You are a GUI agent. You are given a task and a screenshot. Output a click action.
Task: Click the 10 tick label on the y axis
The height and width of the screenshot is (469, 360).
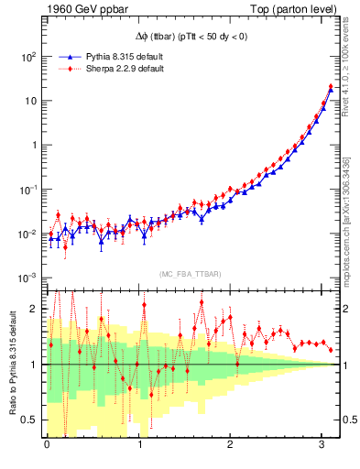[30, 101]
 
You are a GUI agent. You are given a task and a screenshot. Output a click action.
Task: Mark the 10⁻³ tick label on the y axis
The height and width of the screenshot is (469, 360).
[28, 278]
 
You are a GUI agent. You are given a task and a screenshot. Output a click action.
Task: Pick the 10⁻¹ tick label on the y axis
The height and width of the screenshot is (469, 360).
[28, 190]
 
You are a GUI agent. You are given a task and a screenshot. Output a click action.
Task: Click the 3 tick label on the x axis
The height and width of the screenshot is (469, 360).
[323, 444]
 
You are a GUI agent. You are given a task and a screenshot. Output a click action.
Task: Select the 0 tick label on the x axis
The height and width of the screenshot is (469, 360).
[47, 444]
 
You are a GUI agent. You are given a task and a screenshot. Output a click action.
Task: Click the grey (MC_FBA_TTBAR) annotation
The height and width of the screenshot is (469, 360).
[190, 274]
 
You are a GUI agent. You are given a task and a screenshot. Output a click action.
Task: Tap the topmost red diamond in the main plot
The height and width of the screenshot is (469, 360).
[331, 87]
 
